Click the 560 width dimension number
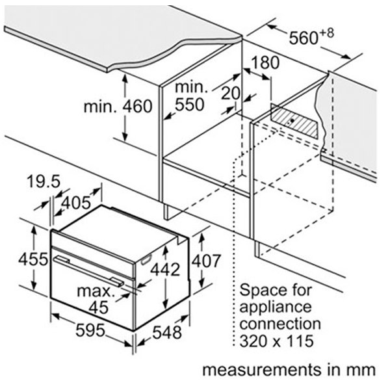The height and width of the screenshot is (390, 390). point(304,38)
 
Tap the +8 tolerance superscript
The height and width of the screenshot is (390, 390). point(326,33)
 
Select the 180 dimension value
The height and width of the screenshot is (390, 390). point(265,62)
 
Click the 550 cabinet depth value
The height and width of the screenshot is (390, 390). point(190,105)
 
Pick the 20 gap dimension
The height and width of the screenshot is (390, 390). point(231,93)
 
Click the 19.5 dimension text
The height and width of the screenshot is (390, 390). point(44,181)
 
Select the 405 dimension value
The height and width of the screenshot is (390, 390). point(76,203)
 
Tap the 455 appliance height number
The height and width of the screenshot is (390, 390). point(33,259)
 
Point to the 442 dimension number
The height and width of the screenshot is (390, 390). point(165,269)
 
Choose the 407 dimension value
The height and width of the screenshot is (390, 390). point(206,261)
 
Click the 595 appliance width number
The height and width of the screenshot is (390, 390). point(90,330)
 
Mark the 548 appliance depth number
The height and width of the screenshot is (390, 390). point(167,333)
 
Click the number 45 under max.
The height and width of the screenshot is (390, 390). point(99,307)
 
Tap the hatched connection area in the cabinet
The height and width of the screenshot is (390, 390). point(294,122)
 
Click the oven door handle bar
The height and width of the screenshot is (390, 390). point(88,271)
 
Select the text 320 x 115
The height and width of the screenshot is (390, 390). point(276,341)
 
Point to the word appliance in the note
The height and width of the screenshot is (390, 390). point(276,307)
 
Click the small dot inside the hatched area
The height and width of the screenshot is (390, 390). point(292,120)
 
